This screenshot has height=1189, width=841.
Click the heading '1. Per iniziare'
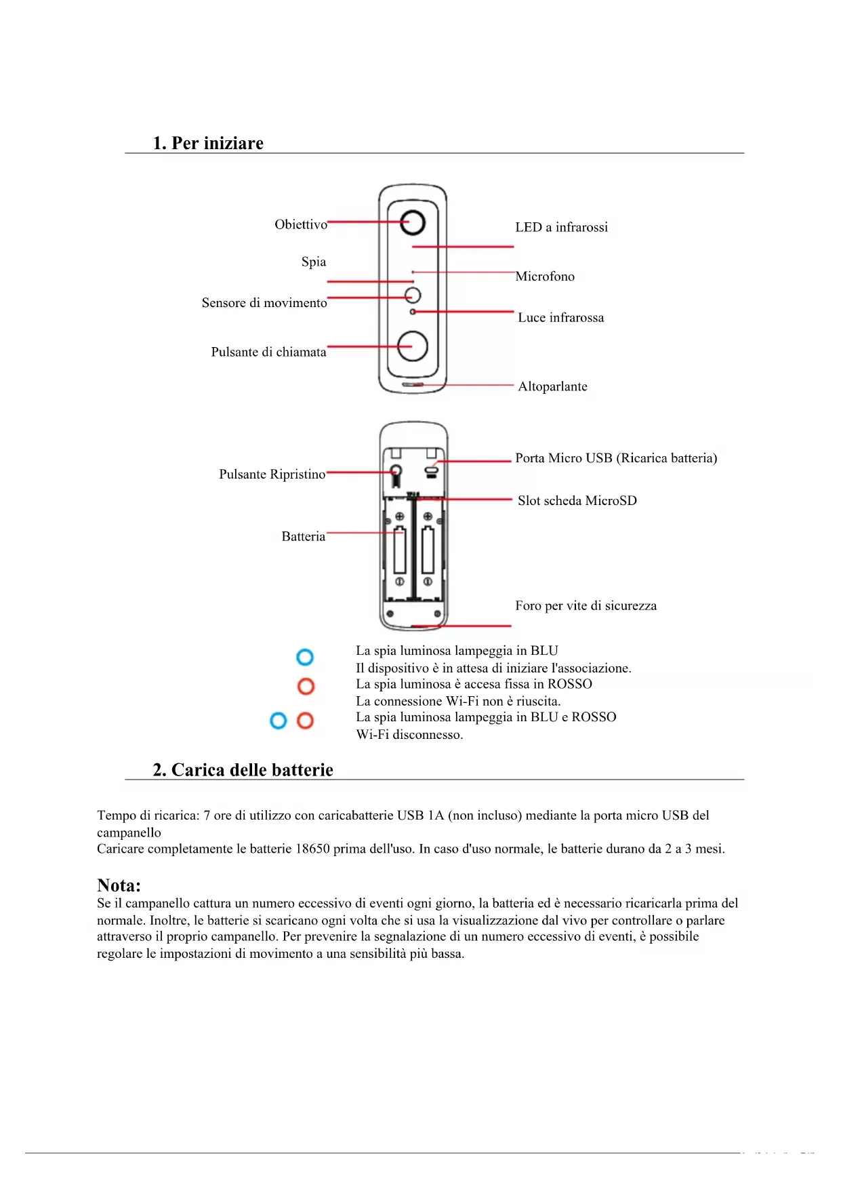click(x=208, y=143)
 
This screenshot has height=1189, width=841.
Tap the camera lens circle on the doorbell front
click(x=412, y=222)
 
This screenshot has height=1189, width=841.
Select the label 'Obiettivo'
click(x=301, y=224)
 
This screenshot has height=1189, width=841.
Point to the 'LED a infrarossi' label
click(x=561, y=227)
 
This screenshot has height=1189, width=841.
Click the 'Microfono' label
click(x=545, y=277)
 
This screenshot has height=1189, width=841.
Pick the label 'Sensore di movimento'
click(x=264, y=303)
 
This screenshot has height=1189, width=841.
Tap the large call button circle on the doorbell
click(x=412, y=346)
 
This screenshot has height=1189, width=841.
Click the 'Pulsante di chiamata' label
click(x=268, y=352)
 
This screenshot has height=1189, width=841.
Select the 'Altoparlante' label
click(x=552, y=386)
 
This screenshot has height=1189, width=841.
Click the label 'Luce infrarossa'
click(x=560, y=318)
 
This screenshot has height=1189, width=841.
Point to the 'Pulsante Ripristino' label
click(x=272, y=475)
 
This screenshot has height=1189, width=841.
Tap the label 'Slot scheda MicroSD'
click(x=577, y=501)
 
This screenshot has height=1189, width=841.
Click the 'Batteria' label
click(x=303, y=536)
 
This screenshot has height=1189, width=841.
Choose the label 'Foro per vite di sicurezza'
click(x=586, y=606)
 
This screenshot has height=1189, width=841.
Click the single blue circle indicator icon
click(x=305, y=657)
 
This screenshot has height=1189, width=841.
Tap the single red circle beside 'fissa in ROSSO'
click(x=306, y=686)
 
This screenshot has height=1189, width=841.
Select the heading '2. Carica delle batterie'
click(x=243, y=770)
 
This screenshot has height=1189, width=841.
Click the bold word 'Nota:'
click(x=119, y=885)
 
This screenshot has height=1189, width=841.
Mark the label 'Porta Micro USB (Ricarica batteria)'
click(x=616, y=458)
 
